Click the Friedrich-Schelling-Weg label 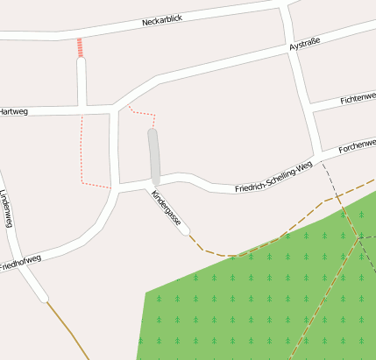click(273, 178)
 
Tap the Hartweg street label click(13, 111)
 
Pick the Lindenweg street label click(8, 209)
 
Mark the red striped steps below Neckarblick click(81, 47)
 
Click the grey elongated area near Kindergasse click(155, 158)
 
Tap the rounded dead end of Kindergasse click(184, 230)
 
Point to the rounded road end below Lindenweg click(42, 297)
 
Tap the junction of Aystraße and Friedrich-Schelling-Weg click(314, 156)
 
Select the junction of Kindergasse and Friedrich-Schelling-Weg click(147, 185)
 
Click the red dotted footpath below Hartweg click(82, 149)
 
